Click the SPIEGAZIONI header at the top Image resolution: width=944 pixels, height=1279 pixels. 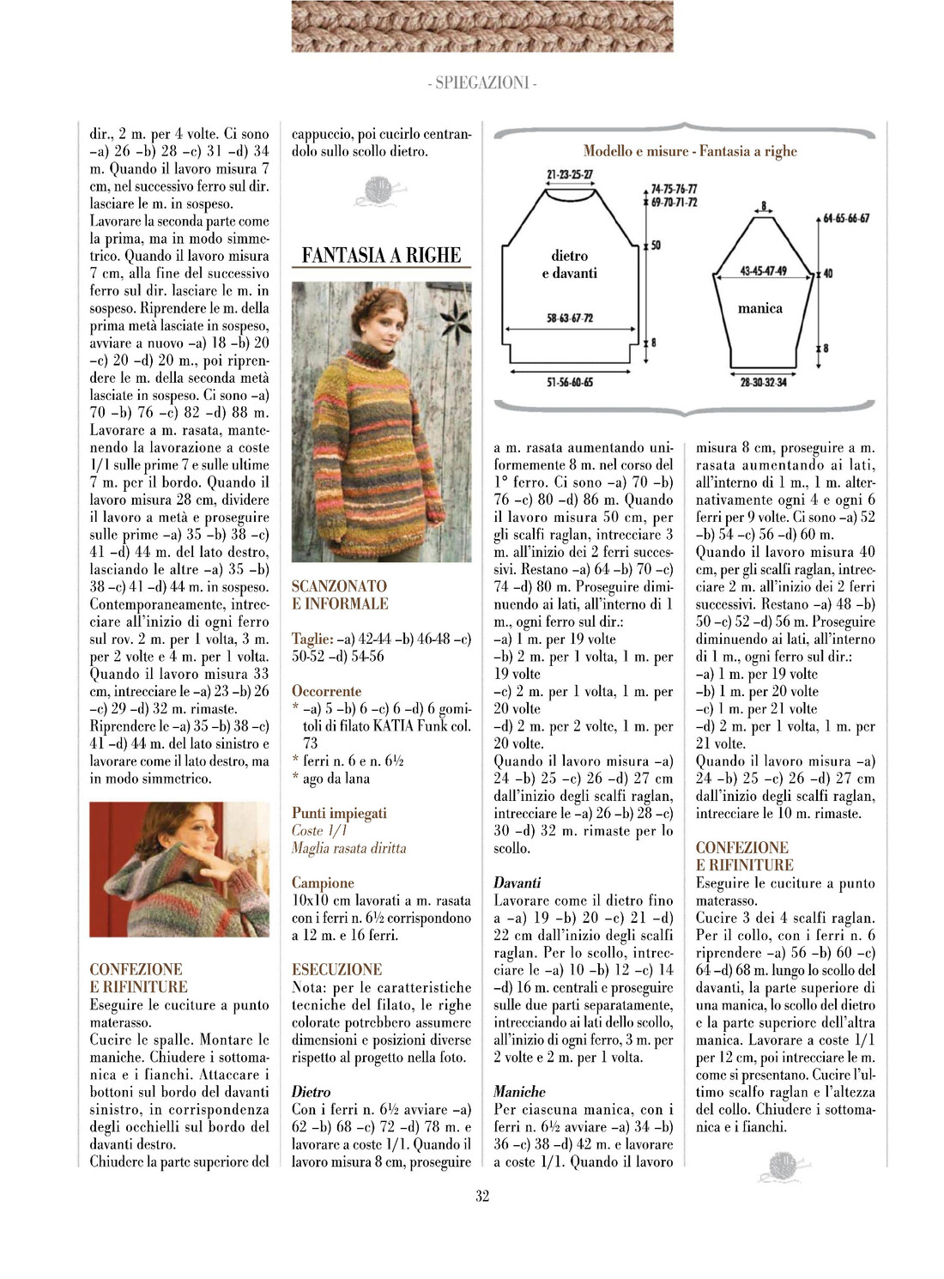point(482,82)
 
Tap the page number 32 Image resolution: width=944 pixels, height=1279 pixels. point(482,1196)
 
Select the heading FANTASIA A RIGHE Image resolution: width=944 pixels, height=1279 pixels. point(381,255)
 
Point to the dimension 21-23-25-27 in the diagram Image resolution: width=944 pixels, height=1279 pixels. point(570,174)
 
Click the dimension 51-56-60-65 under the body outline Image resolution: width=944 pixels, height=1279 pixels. point(570,382)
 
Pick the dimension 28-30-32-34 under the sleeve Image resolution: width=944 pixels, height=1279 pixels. point(763,382)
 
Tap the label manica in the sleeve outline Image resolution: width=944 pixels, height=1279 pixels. point(760,308)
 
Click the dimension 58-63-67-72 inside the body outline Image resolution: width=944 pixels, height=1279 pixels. point(570,318)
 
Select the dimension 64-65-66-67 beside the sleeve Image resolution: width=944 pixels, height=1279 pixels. point(846,218)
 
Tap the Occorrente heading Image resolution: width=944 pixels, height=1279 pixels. point(326,691)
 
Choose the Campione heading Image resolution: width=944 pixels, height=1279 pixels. point(323,882)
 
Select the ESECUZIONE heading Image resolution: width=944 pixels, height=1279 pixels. point(337,969)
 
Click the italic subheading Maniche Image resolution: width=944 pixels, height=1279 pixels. point(519,1091)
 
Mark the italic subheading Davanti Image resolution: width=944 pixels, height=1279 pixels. point(517,882)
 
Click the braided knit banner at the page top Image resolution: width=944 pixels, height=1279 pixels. point(482,27)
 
